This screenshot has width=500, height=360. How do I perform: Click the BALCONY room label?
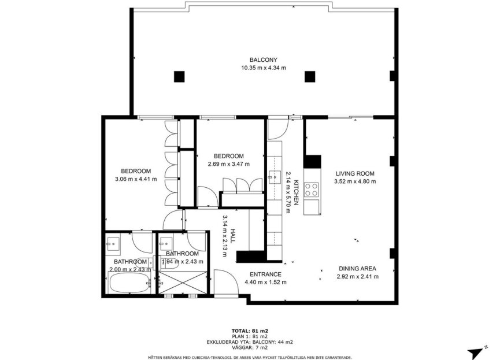[264, 60]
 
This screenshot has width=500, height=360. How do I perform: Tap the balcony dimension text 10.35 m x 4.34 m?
[264, 68]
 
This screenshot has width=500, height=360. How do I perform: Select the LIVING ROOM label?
[355, 173]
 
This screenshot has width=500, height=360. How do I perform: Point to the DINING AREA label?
[357, 268]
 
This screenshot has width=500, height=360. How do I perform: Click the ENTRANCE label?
[265, 274]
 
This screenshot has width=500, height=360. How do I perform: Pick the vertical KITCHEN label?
[296, 192]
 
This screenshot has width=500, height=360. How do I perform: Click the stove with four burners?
[312, 190]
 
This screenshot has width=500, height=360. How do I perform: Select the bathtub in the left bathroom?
[129, 283]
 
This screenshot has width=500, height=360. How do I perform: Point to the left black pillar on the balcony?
[179, 76]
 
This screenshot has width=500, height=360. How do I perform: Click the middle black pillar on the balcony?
[310, 76]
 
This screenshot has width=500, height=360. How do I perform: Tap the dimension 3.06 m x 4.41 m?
[136, 179]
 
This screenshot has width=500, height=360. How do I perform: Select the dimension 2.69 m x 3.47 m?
[228, 164]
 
